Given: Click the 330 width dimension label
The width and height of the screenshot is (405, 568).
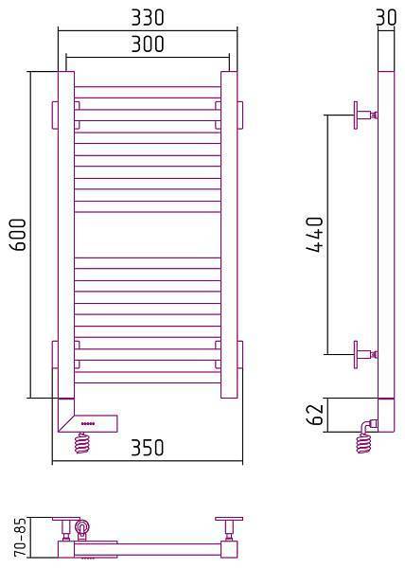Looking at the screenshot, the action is point(148,17).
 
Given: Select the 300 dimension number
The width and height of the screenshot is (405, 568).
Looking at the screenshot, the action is point(148,44).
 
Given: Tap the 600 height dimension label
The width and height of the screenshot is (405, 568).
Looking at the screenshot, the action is point(18,235).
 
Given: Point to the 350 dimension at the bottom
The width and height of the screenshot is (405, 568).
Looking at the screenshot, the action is point(148,448).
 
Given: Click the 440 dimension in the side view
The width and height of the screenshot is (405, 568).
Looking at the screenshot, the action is point(314,234).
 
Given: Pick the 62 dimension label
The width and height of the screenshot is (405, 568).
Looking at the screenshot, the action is point(314,414).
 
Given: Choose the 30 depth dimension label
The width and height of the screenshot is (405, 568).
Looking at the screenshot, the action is point(386,17).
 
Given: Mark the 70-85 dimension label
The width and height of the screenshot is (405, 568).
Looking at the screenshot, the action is point(20,537).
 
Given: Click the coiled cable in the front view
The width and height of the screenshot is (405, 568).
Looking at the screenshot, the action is point(81,443).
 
